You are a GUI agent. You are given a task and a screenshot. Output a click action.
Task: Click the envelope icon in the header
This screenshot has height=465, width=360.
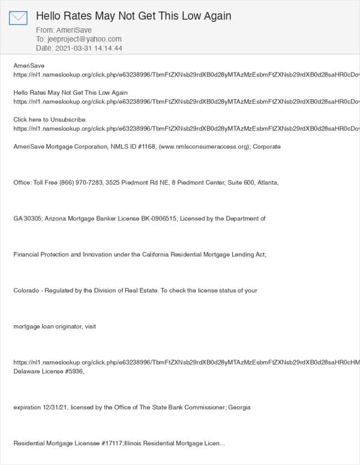(x=18, y=18)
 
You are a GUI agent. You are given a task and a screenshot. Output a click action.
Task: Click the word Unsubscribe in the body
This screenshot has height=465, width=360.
(x=66, y=119)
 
